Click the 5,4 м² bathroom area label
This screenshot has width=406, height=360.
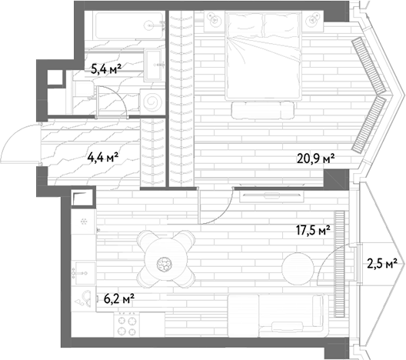tap(106, 68)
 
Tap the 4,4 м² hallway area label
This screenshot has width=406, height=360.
tap(103, 157)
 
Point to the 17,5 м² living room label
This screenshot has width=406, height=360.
tap(313, 230)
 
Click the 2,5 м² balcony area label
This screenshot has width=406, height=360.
tap(382, 264)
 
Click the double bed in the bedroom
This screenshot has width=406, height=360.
tap(264, 55)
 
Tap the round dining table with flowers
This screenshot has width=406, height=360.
tap(166, 259)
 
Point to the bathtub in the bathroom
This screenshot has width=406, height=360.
tap(130, 25)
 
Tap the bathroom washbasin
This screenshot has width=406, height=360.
tap(155, 65)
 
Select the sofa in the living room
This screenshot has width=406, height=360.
tap(278, 315)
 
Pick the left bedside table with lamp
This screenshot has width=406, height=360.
tap(215, 21)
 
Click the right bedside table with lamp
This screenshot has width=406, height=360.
tap(313, 21)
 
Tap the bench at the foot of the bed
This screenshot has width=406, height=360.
tap(263, 110)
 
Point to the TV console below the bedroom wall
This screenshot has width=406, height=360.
tap(271, 197)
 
